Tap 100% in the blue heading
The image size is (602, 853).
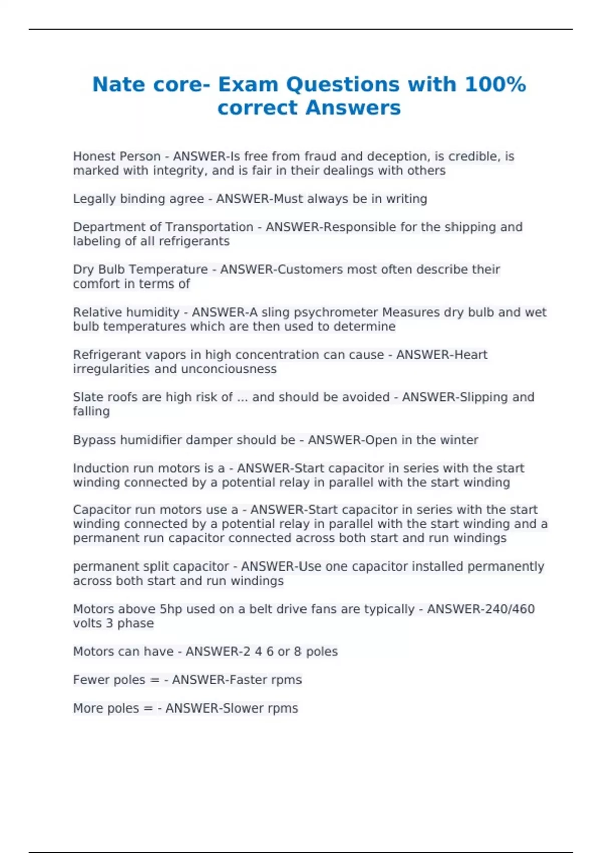[x=495, y=84]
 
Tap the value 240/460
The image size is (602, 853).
[x=481, y=609]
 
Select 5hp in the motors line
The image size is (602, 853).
[x=171, y=609]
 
